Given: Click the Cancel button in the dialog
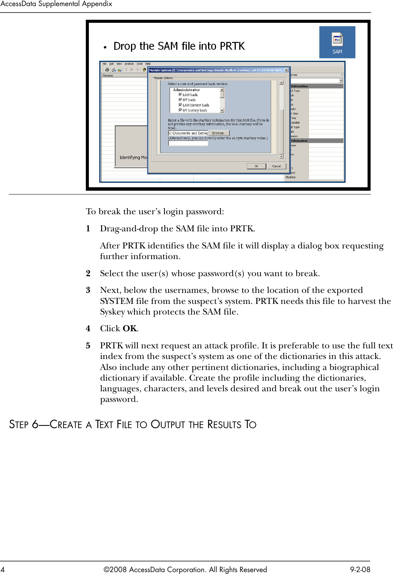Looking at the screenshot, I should pyautogui.click(x=276, y=166).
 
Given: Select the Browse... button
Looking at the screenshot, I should pyautogui.click(x=219, y=133).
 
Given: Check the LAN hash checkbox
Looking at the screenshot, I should pyautogui.click(x=180, y=95).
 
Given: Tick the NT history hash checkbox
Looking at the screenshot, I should pyautogui.click(x=180, y=110).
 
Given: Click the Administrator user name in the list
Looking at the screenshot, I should pyautogui.click(x=186, y=90).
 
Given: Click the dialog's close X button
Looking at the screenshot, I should pyautogui.click(x=286, y=70).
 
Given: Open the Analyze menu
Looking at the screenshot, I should pyautogui.click(x=129, y=64).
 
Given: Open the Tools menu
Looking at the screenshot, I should pyautogui.click(x=140, y=64).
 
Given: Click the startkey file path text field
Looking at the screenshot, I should pyautogui.click(x=188, y=133).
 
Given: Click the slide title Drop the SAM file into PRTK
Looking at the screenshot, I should pyautogui.click(x=179, y=46).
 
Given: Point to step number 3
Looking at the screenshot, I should pyautogui.click(x=88, y=290).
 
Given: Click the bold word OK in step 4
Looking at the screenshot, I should pyautogui.click(x=129, y=329).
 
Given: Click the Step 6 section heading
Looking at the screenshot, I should pyautogui.click(x=133, y=424).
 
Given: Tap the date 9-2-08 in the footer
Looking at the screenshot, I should pyautogui.click(x=360, y=569).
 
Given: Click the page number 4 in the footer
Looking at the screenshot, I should pyautogui.click(x=3, y=569).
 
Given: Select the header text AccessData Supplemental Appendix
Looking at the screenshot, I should pyautogui.click(x=56, y=4).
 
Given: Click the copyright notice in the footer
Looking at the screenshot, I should pyautogui.click(x=185, y=569).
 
